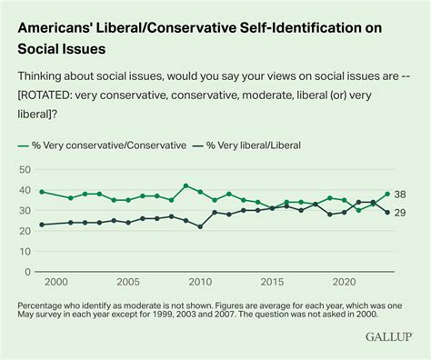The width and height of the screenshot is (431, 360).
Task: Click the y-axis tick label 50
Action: coord(25,170)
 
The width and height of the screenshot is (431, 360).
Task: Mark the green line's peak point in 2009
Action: coord(185,185)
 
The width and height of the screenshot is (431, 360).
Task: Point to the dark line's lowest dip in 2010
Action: coord(200,226)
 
